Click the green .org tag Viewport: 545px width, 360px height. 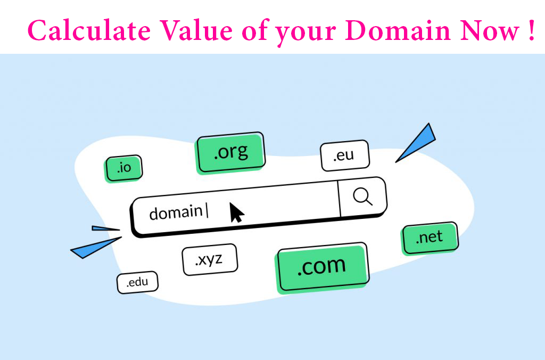point(230,152)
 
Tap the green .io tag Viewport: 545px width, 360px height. point(123,168)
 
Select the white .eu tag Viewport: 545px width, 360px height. point(344,156)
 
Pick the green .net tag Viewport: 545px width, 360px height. point(430,238)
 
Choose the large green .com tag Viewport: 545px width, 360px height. point(322,267)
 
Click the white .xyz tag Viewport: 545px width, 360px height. point(210,259)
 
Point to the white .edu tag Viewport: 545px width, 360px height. point(137,282)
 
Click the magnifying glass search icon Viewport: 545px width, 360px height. point(362,197)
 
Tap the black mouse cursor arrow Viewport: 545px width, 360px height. point(236,212)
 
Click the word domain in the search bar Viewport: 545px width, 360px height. point(176,212)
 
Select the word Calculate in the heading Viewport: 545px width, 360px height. point(89,30)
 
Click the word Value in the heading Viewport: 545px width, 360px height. point(196,30)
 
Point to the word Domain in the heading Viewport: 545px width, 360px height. point(398,30)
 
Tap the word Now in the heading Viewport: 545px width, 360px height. point(490,30)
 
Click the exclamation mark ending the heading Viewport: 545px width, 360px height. point(532,30)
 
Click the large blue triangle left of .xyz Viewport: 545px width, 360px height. point(96,248)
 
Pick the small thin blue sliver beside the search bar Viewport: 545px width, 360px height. point(106,228)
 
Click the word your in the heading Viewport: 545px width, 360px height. point(305,33)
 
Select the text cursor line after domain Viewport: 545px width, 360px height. point(207,211)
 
